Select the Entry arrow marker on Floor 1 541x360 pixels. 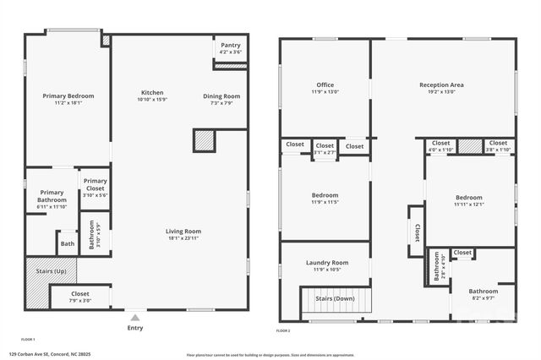coord(135,318)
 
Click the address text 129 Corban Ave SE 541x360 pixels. coord(50,354)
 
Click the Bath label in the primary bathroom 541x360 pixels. coord(67,245)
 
